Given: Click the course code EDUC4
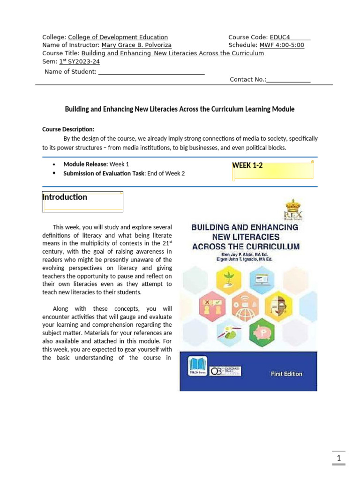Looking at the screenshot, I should pyautogui.click(x=281, y=37).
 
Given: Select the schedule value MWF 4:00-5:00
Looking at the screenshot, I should pyautogui.click(x=281, y=45).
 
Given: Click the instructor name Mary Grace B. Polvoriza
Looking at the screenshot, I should pyautogui.click(x=136, y=45).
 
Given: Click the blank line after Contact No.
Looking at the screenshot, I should pyautogui.click(x=288, y=80).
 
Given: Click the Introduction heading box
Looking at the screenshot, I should pyautogui.click(x=82, y=201).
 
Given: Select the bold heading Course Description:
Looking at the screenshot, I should pyautogui.click(x=68, y=129).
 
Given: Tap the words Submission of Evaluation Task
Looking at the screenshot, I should pyautogui.click(x=104, y=173).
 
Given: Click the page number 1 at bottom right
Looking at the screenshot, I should pyautogui.click(x=338, y=457).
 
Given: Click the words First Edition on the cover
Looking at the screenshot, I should pyautogui.click(x=287, y=374).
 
